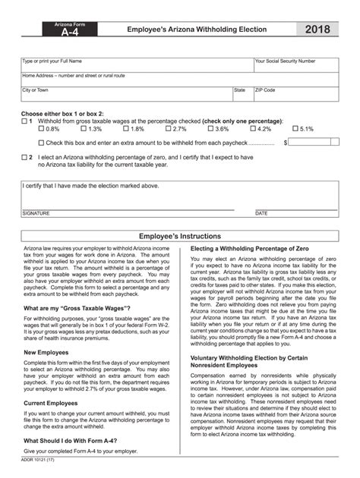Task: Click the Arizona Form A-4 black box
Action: click(x=65, y=30)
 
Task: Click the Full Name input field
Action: click(x=137, y=66)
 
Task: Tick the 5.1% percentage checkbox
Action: click(x=295, y=129)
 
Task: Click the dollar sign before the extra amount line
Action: click(x=286, y=142)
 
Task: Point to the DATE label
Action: click(x=261, y=213)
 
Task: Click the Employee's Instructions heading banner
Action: click(x=180, y=236)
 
